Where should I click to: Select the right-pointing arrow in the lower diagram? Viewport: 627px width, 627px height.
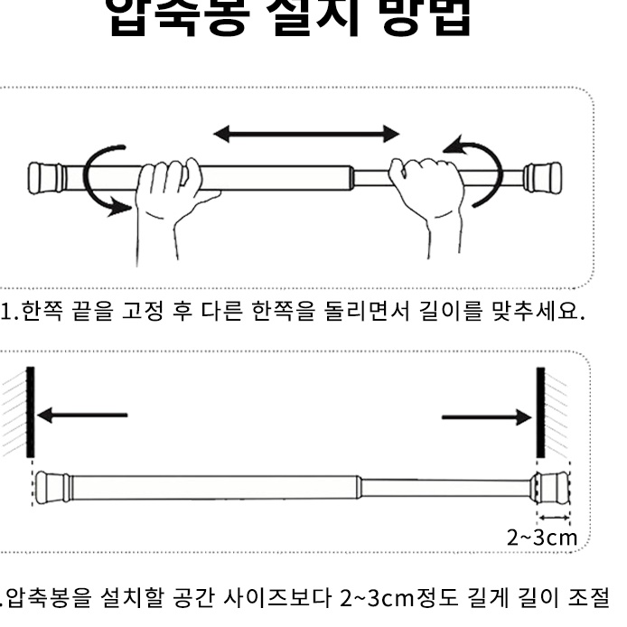488,416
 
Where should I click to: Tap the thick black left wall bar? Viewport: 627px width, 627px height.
30,411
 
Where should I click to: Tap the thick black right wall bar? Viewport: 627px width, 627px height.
541,411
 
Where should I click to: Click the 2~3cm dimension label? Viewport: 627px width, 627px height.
541,539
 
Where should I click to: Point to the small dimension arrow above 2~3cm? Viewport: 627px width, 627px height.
553,518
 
